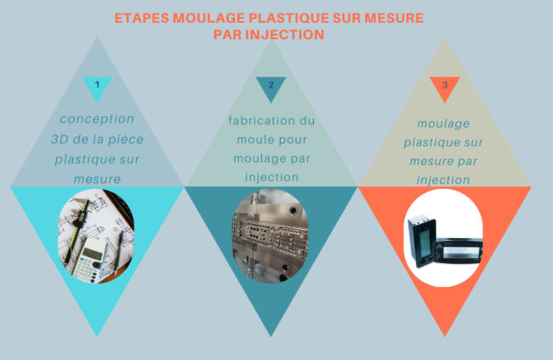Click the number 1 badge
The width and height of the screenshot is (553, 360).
pos(98,84)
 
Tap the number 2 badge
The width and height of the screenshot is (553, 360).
pos(271,85)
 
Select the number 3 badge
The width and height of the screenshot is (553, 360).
pos(444,85)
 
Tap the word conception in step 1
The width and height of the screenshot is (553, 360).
pos(97,118)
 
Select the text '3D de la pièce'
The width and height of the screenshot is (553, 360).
pos(97,139)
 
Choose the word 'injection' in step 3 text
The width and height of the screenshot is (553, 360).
pos(443,180)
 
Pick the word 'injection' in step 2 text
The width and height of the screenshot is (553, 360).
pos(271,177)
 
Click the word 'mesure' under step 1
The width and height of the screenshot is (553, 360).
pos(97,179)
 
